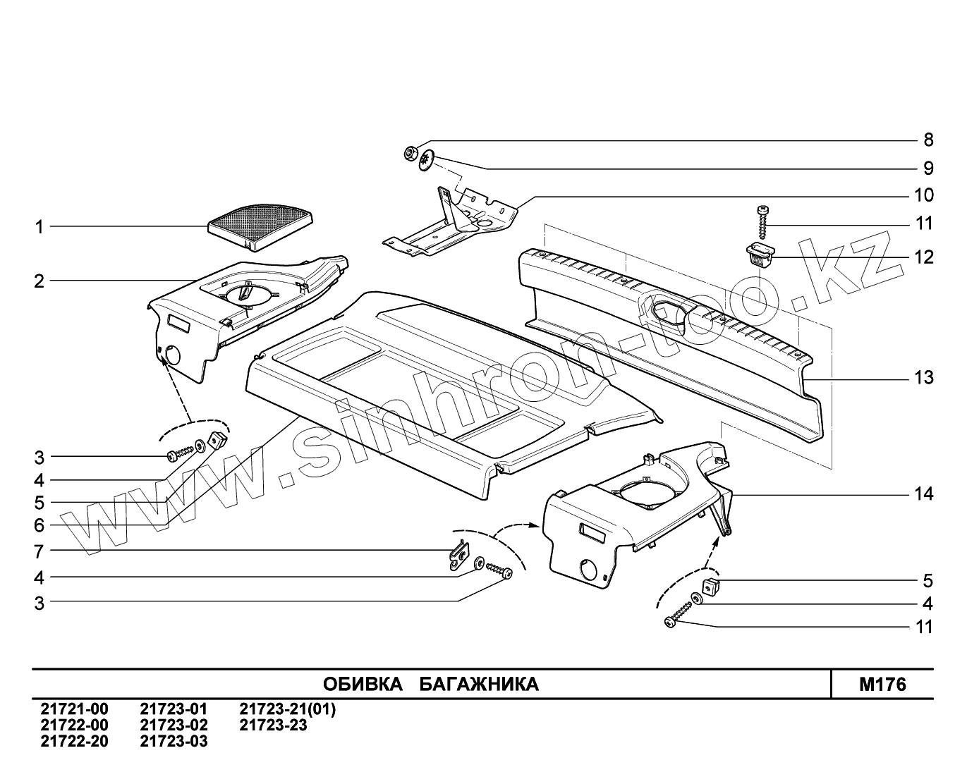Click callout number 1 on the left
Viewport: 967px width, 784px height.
coord(39,227)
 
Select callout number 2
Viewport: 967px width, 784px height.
coord(39,281)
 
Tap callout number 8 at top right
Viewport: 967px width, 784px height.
coord(928,140)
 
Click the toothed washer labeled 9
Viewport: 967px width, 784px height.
coord(426,162)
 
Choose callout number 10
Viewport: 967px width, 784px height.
coord(924,195)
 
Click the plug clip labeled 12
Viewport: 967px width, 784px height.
coord(760,253)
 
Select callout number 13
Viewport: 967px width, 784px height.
coord(924,378)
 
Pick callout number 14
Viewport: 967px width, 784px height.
coord(924,494)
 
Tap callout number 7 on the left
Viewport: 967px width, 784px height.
coord(39,551)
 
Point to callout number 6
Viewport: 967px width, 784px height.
coord(39,525)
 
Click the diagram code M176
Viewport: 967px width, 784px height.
coord(882,685)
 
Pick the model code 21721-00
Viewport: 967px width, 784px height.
coord(74,710)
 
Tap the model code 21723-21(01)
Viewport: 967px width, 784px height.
coord(288,710)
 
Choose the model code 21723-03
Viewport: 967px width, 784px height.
coord(174,741)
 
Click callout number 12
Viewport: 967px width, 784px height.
coord(924,257)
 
